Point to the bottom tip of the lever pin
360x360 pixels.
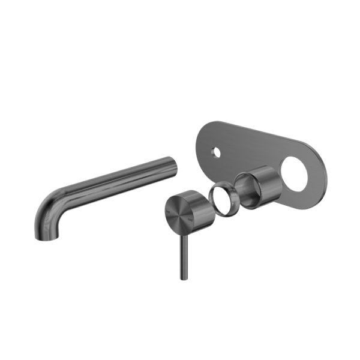click(181, 277)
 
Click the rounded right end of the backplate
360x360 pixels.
click(321, 174)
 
